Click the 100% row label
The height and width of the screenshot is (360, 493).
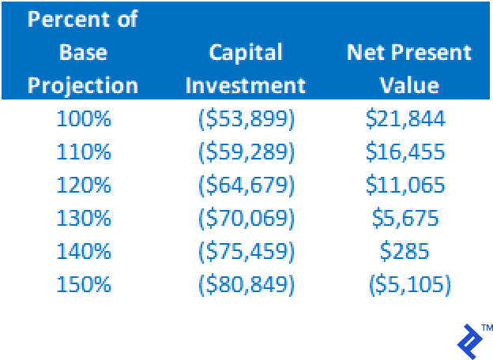pyautogui.click(x=84, y=118)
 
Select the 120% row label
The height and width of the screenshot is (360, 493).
pyautogui.click(x=84, y=185)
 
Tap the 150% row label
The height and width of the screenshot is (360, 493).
pyautogui.click(x=84, y=284)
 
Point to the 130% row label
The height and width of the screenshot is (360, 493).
pyautogui.click(x=84, y=218)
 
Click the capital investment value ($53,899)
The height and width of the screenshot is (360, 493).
pyautogui.click(x=246, y=119)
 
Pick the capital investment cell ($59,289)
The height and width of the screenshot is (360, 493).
pyautogui.click(x=246, y=152)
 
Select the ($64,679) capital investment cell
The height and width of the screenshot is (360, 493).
pyautogui.click(x=246, y=186)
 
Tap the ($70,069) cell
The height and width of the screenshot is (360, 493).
pyautogui.click(x=246, y=219)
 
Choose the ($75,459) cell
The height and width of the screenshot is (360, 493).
pyautogui.click(x=246, y=252)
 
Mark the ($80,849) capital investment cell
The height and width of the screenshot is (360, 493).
pyautogui.click(x=246, y=285)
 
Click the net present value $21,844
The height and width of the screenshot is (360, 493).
pyautogui.click(x=405, y=119)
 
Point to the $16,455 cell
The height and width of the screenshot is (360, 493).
pyautogui.click(x=405, y=152)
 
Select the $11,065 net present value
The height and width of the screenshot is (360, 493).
pyautogui.click(x=405, y=186)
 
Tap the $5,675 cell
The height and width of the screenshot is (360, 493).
pyautogui.click(x=405, y=219)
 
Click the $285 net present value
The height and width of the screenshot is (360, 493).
pyautogui.click(x=405, y=252)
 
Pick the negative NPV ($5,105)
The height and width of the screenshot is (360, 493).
pyautogui.click(x=410, y=285)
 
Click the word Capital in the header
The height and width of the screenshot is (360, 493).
pyautogui.click(x=246, y=53)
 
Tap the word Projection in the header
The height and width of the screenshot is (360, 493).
pyautogui.click(x=83, y=86)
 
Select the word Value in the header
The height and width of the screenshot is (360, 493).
pyautogui.click(x=409, y=85)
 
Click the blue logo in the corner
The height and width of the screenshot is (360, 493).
pyautogui.click(x=470, y=342)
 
